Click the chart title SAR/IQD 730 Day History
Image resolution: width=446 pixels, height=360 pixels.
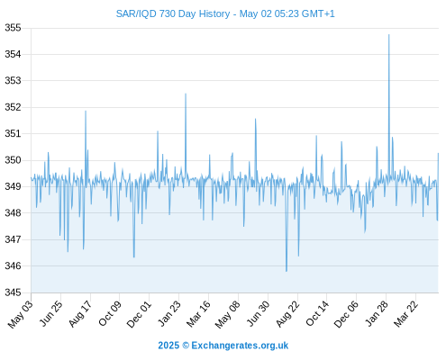click(173, 13)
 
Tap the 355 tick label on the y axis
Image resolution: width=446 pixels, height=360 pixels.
click(13, 28)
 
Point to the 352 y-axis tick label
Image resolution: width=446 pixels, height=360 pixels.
click(13, 107)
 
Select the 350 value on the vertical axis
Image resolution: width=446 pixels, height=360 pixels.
click(13, 160)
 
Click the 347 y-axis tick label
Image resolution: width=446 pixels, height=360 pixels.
click(13, 239)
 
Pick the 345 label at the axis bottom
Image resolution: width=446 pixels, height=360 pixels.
click(13, 292)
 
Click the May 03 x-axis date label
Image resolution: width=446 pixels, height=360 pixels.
click(20, 314)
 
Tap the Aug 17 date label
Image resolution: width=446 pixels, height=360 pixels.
click(79, 314)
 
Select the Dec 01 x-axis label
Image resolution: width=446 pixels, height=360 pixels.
click(138, 314)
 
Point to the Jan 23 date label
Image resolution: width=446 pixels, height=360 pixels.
click(168, 313)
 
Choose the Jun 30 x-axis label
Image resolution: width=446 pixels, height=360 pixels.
click(258, 313)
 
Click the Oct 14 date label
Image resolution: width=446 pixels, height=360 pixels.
click(317, 313)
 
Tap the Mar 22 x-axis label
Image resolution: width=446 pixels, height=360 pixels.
click(405, 314)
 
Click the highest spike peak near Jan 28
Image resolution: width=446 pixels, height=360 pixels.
click(389, 35)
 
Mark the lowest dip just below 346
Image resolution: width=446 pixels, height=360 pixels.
click(287, 271)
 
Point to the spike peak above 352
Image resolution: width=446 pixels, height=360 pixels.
click(186, 94)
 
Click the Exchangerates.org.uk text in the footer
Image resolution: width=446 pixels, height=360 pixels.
click(240, 346)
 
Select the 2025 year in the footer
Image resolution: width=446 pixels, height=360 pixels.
click(168, 346)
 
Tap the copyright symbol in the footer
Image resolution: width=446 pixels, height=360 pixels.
click(186, 346)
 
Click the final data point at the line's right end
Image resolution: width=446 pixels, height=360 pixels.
click(438, 153)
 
